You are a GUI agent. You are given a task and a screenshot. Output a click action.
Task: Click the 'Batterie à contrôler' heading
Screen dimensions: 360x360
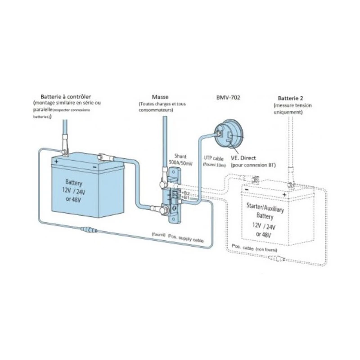point(66,96)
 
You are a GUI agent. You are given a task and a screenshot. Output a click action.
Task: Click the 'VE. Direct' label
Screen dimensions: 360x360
point(243,158)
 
